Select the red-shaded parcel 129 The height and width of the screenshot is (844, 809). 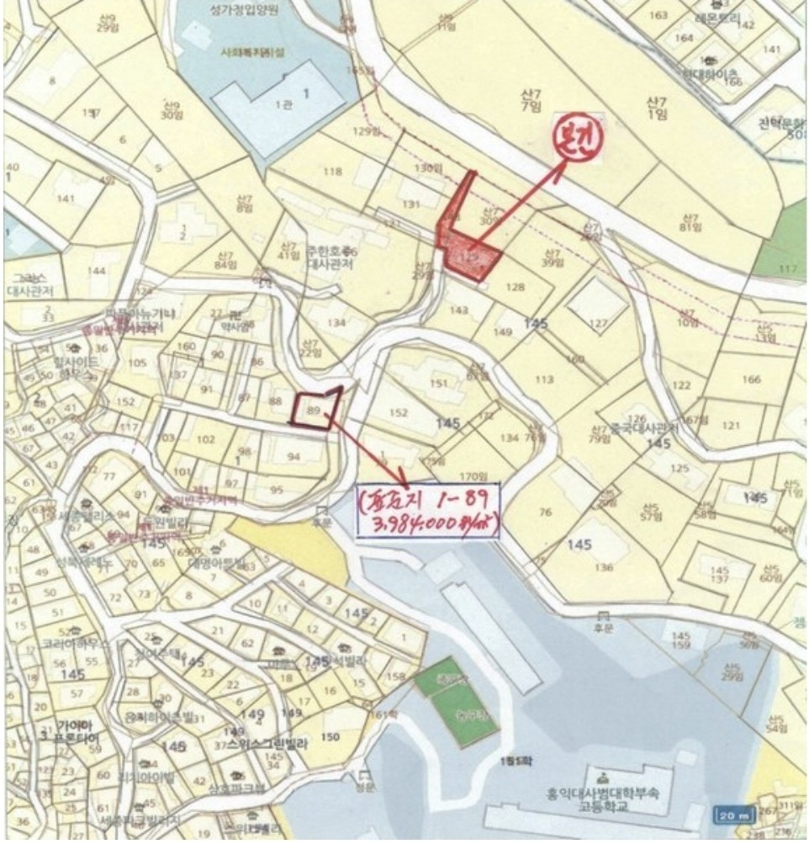coord(471,257)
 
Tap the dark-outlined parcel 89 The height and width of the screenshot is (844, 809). coord(315,411)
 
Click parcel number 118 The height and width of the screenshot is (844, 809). coord(332,172)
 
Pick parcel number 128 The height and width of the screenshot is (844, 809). coord(515,287)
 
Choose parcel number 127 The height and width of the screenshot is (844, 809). coord(598,323)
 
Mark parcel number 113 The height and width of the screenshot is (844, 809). coord(544,380)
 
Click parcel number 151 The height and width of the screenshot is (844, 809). coord(438,384)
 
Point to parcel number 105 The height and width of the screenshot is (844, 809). coord(136,364)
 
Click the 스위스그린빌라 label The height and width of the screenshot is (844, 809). coord(266,744)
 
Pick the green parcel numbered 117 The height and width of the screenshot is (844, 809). coord(788,268)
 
